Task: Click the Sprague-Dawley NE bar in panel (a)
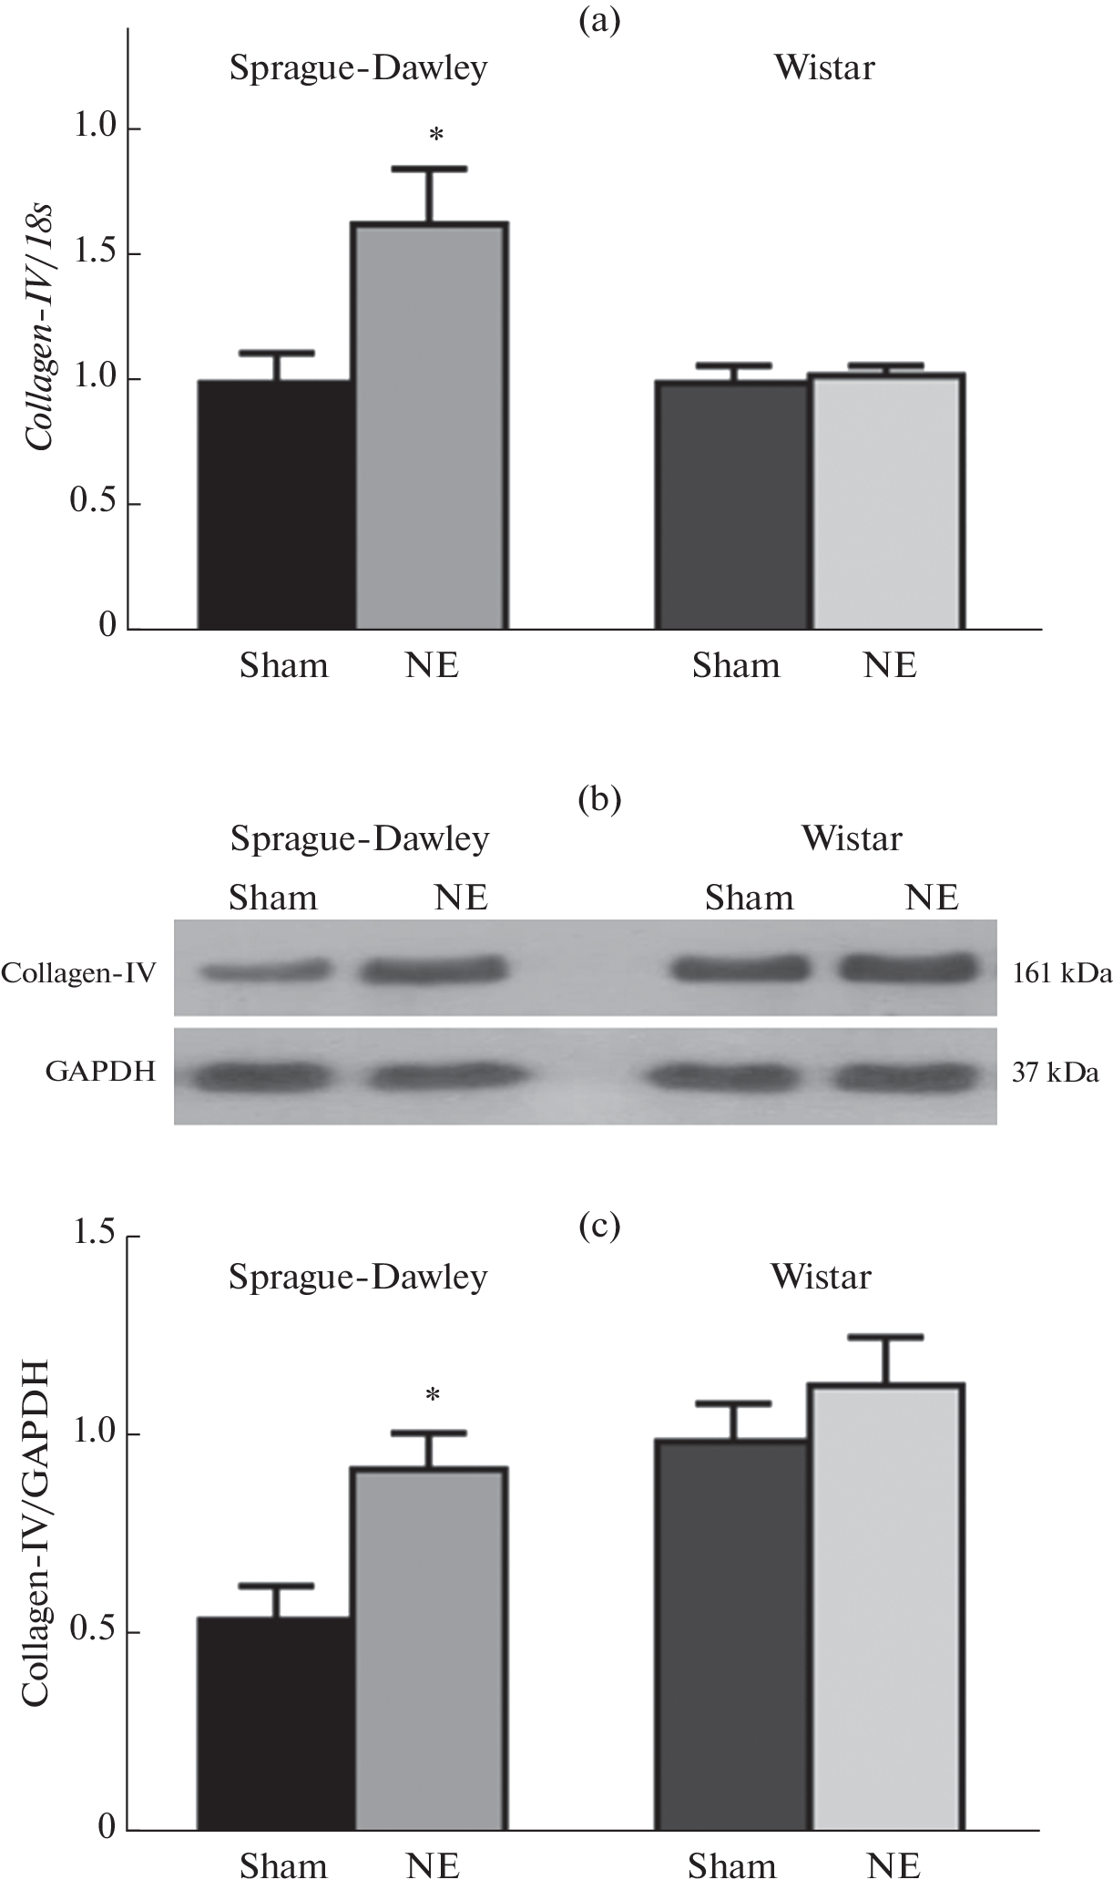click(x=431, y=426)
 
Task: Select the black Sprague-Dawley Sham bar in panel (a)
click(x=276, y=505)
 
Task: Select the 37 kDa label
click(x=1055, y=1073)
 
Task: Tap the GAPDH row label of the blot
click(x=100, y=1073)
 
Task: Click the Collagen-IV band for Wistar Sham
click(x=740, y=969)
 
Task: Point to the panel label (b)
click(x=599, y=799)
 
